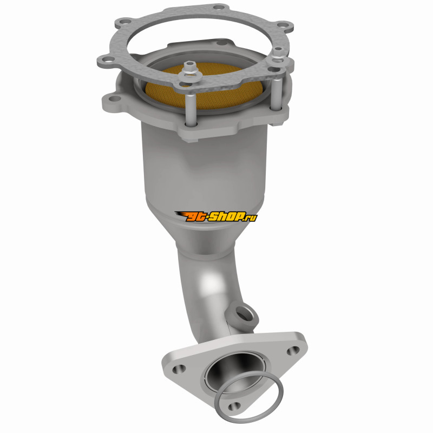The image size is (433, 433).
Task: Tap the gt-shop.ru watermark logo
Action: click(x=216, y=216)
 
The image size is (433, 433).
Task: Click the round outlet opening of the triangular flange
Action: click(x=235, y=370)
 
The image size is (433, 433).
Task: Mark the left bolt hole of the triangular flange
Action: click(x=179, y=369)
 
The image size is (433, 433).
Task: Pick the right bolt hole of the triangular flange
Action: click(x=293, y=350)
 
